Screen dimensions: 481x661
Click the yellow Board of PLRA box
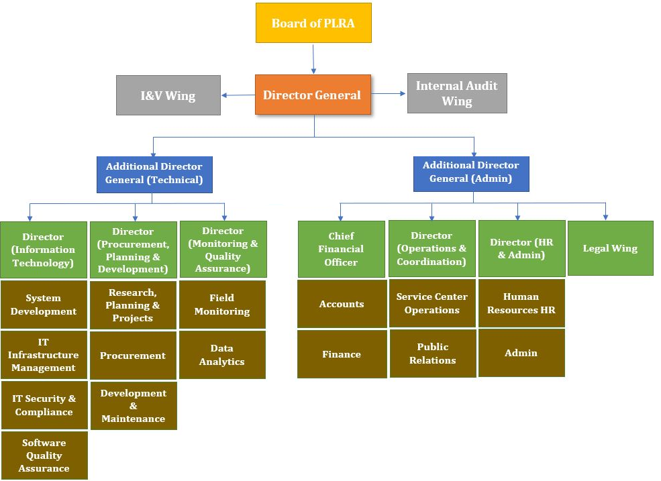coord(313,23)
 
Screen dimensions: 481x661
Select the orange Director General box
coord(313,95)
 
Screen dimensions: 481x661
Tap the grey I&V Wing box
coord(168,95)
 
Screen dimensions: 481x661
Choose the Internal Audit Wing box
coord(457,93)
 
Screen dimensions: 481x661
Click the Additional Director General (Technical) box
coord(154,174)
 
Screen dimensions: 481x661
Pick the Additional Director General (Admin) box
coord(470,172)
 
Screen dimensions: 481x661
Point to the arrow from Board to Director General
coord(313,59)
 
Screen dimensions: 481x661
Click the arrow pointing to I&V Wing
coord(238,95)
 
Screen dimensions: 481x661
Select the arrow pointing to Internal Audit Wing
coord(389,94)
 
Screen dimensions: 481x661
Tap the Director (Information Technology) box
coord(44,250)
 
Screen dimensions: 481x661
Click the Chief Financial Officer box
coord(342,249)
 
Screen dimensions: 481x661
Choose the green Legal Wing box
coord(610,248)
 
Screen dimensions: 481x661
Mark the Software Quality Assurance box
coord(44,455)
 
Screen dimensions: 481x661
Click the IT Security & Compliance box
coord(44,405)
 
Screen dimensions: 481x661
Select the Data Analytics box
coord(222,355)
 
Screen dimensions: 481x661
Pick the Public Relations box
coord(432,353)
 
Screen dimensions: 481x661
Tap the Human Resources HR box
coord(521,303)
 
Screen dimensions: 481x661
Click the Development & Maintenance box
coord(133,406)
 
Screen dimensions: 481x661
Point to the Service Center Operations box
coord(432,303)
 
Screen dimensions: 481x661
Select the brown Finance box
coord(342,354)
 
